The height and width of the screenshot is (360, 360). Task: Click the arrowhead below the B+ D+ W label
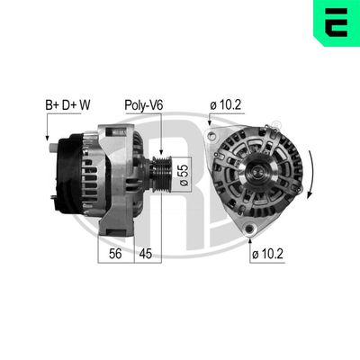pyautogui.click(x=47, y=138)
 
